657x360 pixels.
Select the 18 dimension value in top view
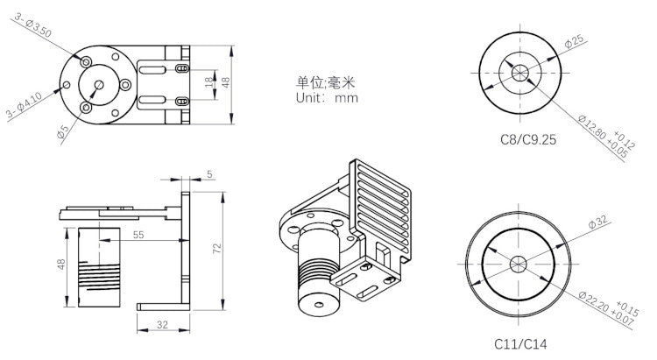208,83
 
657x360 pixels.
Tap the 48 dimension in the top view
224,82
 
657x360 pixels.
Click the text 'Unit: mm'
327,98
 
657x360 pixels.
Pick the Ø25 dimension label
576,40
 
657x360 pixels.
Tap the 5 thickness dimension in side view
209,174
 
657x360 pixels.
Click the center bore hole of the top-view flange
98,85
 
